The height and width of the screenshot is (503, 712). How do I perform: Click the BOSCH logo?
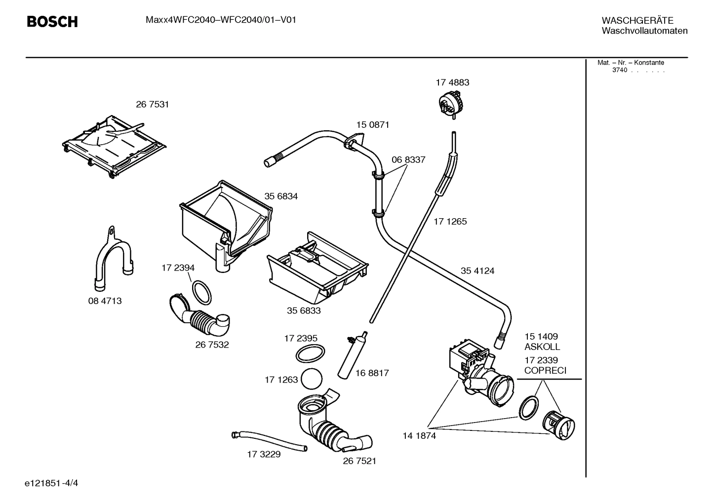click(x=52, y=22)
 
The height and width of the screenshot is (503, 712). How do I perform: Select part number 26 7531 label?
click(x=152, y=105)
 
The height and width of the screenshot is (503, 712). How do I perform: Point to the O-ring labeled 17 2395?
click(x=311, y=354)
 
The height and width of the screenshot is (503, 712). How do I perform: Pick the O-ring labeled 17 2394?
click(x=202, y=293)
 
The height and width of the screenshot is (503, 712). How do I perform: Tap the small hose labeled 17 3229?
click(x=269, y=441)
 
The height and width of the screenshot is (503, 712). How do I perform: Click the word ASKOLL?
click(x=542, y=347)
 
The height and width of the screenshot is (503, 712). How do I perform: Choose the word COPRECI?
click(x=545, y=371)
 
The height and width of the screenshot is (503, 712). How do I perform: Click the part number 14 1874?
click(x=419, y=436)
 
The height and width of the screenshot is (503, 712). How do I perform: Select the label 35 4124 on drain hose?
click(x=477, y=271)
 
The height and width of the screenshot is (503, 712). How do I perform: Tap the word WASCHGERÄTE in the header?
click(x=637, y=21)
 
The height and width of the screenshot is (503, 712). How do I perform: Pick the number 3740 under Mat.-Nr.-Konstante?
click(x=619, y=70)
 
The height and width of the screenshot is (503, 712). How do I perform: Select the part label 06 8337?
click(x=408, y=160)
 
